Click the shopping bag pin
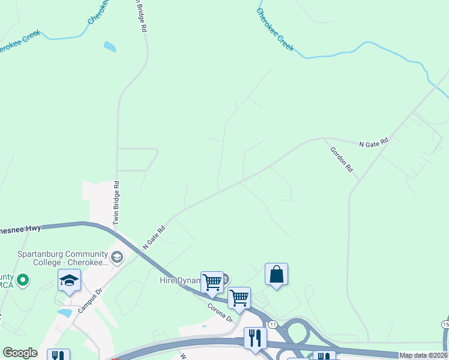[276, 275]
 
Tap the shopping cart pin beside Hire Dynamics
[212, 282]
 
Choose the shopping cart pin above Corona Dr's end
[240, 298]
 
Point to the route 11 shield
[273, 324]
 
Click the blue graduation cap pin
[69, 280]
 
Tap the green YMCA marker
[23, 280]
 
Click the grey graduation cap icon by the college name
[117, 258]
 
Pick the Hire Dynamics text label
[179, 280]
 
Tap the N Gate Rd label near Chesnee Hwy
[154, 238]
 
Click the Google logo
[20, 353]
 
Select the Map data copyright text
[424, 355]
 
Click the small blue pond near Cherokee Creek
[110, 46]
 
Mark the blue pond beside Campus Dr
[64, 313]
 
